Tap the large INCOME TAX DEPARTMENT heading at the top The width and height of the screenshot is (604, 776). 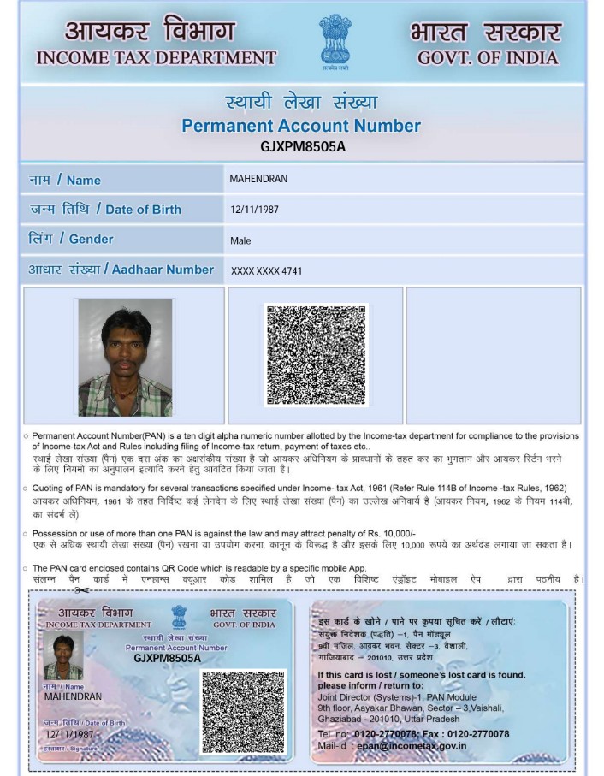click(157, 58)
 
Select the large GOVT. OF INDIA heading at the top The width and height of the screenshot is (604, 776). click(488, 58)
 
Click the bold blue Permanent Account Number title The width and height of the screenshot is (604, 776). click(301, 126)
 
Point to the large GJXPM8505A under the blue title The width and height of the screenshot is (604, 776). click(302, 145)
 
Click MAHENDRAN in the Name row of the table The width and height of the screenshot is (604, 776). click(258, 179)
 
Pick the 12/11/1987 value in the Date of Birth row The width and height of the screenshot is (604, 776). click(255, 209)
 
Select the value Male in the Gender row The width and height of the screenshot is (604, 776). click(240, 240)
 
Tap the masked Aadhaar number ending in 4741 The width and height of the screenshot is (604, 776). click(266, 271)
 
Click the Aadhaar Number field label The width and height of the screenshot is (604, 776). click(121, 270)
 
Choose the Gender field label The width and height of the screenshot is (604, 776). click(71, 239)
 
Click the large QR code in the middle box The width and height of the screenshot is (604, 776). click(316, 355)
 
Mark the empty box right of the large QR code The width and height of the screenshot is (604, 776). click(493, 355)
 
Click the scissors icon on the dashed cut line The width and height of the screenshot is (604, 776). click(82, 590)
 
